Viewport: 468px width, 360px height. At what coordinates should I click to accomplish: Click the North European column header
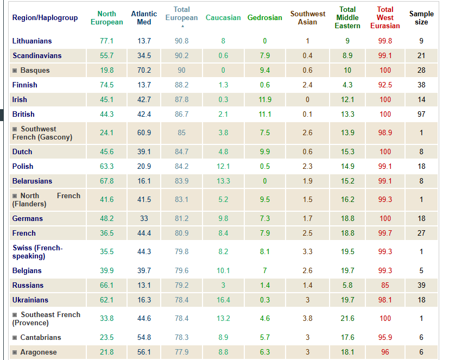107,18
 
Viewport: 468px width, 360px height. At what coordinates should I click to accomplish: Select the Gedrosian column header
264,18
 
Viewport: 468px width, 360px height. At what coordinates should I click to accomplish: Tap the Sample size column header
421,18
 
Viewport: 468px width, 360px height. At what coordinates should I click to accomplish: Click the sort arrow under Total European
182,26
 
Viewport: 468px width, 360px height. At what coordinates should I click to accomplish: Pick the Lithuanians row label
32,41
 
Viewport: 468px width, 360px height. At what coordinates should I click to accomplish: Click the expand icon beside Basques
15,71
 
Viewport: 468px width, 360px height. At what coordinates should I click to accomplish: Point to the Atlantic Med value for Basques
144,71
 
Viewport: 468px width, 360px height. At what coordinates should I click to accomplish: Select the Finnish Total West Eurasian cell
385,85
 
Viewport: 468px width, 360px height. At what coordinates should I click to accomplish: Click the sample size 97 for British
421,115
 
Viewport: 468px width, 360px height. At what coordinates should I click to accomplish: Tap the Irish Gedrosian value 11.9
265,100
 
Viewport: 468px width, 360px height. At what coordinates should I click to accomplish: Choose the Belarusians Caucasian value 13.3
223,181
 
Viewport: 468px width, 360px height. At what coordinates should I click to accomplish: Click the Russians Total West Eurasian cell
385,286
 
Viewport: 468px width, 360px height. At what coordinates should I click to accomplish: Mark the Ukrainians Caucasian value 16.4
223,300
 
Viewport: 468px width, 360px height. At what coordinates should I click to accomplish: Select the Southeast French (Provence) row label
46,319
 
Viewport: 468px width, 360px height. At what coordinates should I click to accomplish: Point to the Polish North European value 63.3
107,167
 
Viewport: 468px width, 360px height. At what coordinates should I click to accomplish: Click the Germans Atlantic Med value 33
144,219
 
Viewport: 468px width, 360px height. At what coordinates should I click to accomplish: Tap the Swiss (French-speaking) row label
37,252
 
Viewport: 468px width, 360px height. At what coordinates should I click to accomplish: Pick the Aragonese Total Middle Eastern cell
347,352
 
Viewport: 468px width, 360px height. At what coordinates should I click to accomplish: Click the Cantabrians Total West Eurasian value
385,338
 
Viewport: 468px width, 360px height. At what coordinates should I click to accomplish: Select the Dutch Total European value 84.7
182,152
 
